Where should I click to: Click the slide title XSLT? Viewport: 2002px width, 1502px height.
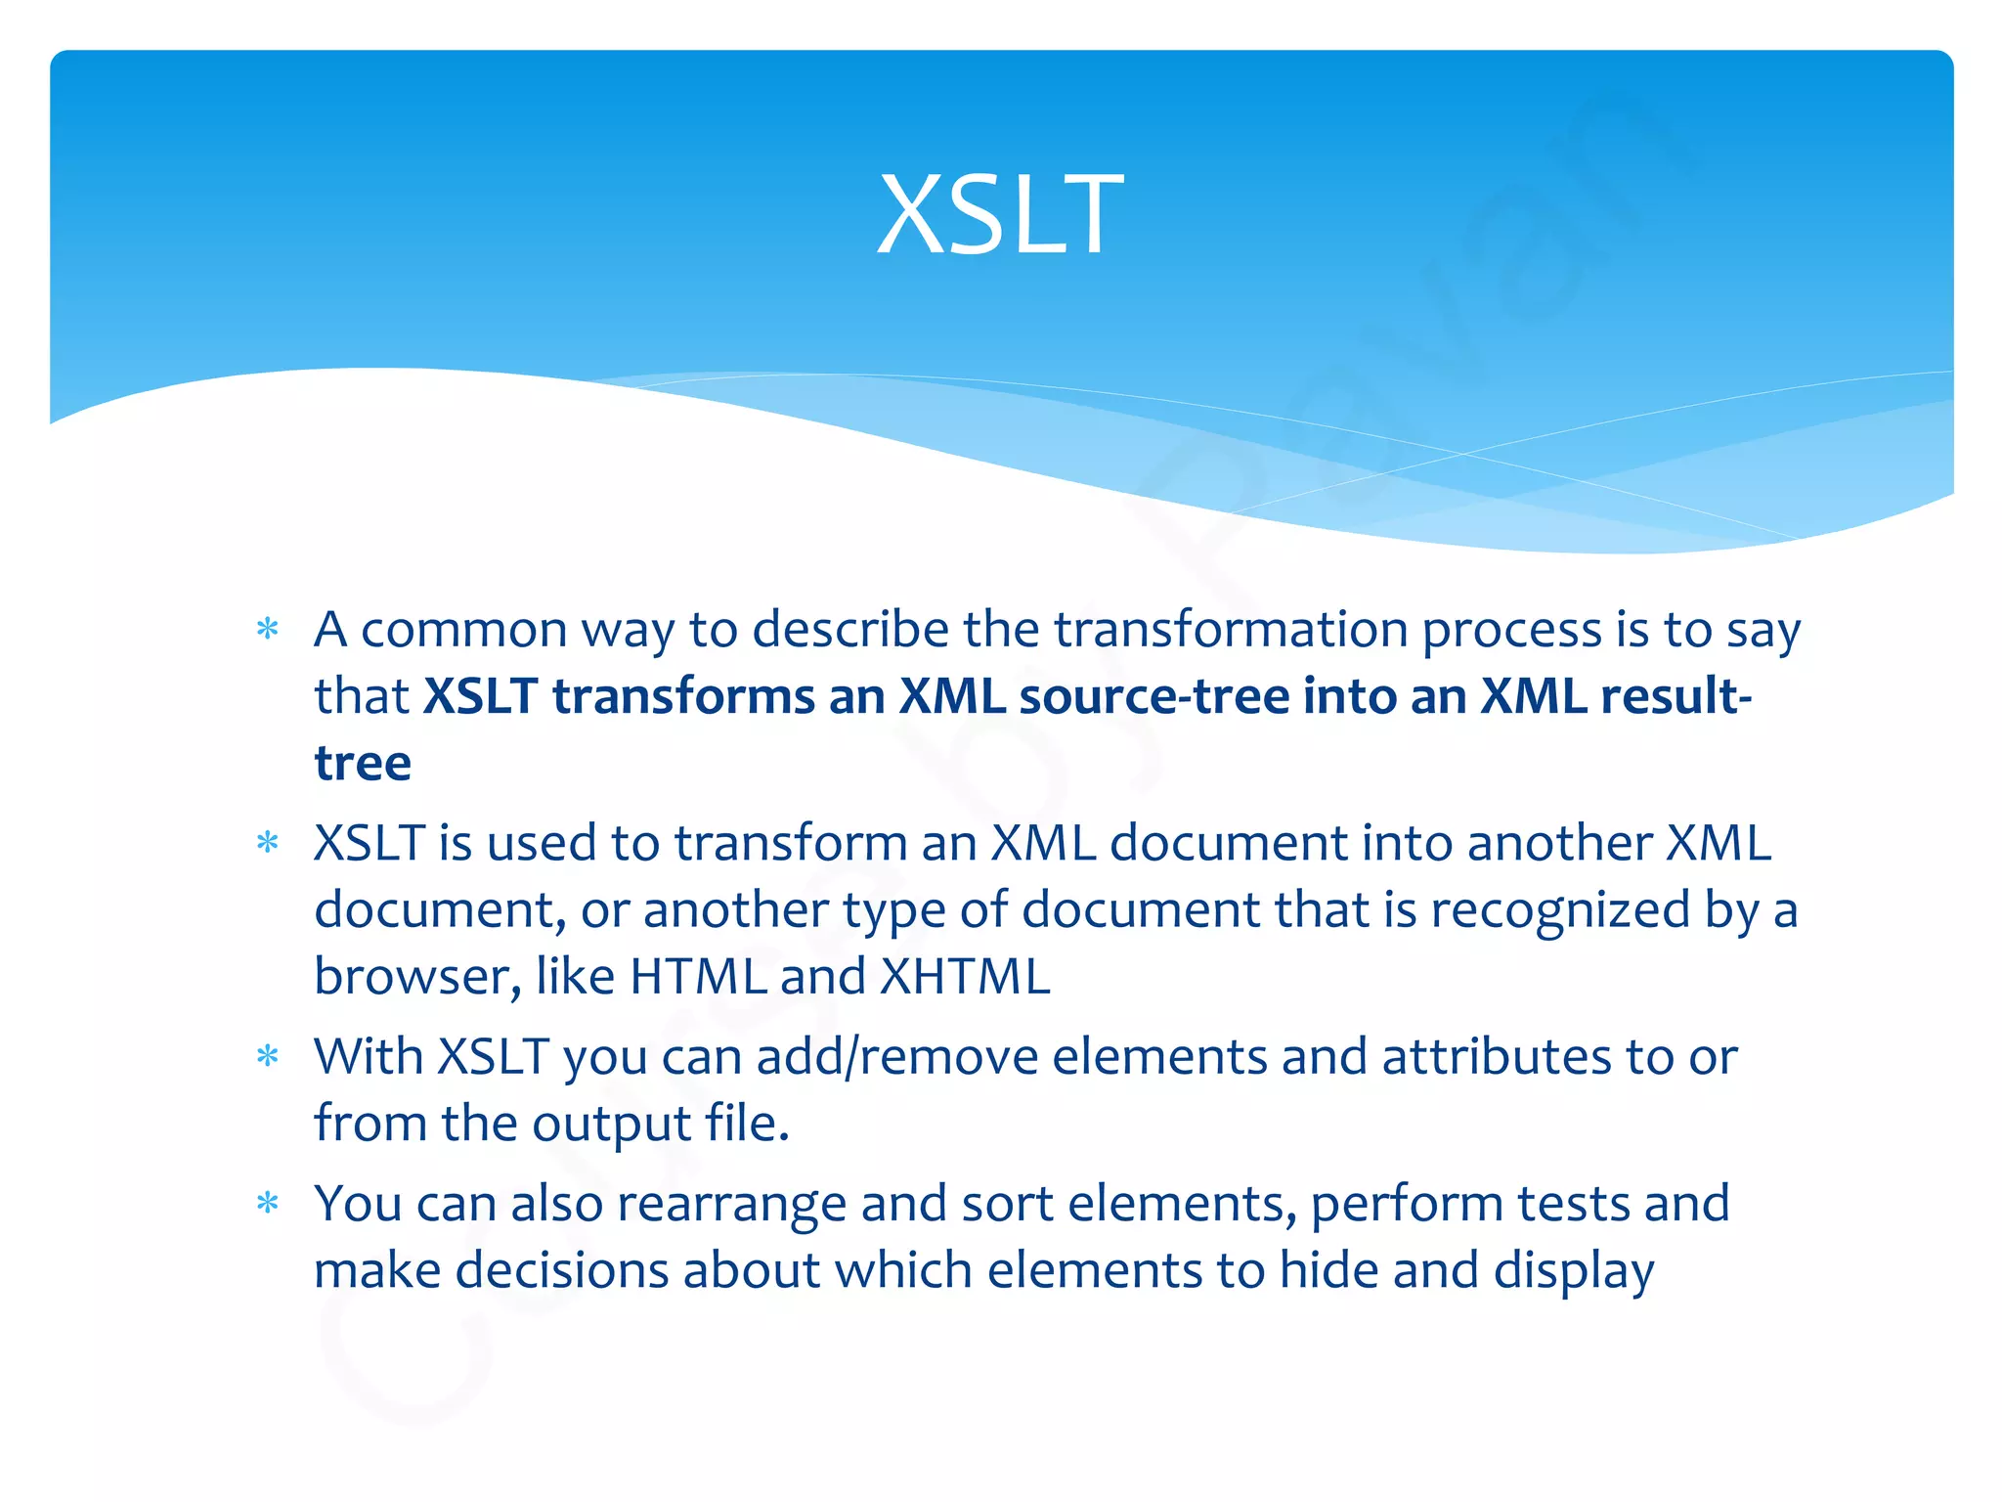click(x=1000, y=214)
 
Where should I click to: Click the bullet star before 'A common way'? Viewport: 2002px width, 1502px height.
click(x=268, y=629)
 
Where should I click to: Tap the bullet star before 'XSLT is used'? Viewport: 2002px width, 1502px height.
click(x=268, y=842)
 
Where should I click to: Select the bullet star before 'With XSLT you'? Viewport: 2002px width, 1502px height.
click(x=268, y=1056)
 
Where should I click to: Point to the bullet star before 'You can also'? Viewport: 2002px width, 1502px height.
click(x=268, y=1203)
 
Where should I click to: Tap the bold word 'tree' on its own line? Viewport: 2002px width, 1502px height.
click(x=363, y=763)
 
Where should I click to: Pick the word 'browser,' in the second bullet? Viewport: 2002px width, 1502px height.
click(x=417, y=976)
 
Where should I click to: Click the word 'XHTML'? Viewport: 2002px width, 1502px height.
click(x=965, y=976)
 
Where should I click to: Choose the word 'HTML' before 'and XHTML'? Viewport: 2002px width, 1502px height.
click(x=698, y=976)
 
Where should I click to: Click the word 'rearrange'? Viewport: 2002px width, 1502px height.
click(x=731, y=1205)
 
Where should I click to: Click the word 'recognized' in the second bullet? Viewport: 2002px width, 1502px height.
click(x=1560, y=910)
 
